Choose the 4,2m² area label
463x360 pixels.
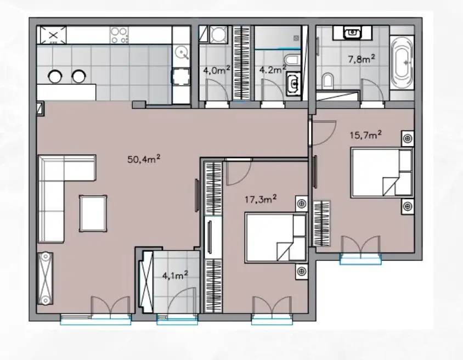272,70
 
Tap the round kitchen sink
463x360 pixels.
181,53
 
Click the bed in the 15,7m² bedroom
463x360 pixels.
382,172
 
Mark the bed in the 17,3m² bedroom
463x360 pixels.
276,238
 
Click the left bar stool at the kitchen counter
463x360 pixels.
55,76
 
